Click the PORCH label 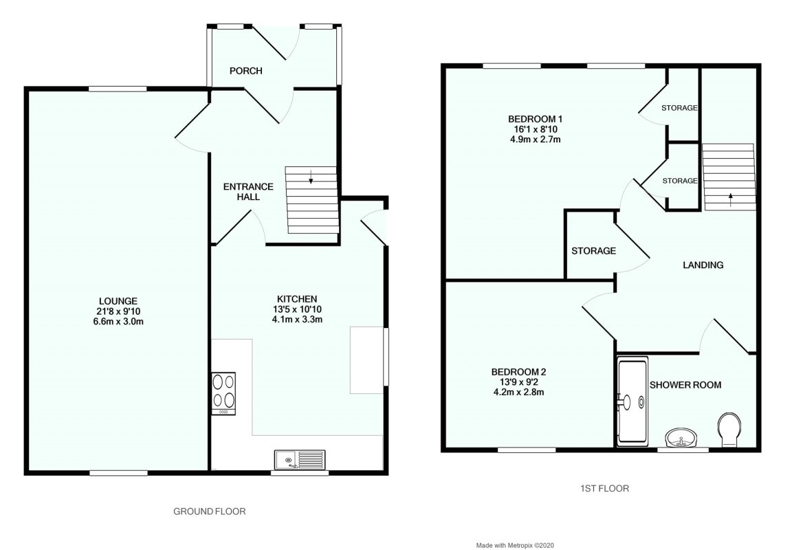[246, 71]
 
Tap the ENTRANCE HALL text [249, 192]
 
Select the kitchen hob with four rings [224, 391]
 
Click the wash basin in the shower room [681, 437]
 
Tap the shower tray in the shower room [632, 401]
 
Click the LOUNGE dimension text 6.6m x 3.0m [118, 321]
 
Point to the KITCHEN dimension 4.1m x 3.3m [296, 319]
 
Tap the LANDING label [703, 265]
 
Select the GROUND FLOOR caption [209, 511]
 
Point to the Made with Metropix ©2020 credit [515, 544]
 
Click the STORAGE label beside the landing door [593, 251]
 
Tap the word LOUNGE [118, 301]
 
